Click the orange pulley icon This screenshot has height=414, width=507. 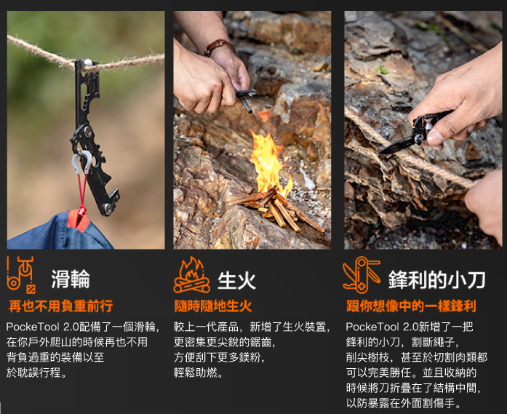coord(20,275)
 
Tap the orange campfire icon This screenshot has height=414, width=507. coord(191,275)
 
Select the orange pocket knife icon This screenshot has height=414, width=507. coord(362,275)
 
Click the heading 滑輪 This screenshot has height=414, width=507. coord(71,279)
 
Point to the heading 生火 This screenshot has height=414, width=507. coord(236,280)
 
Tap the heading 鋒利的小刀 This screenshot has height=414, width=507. coord(437,280)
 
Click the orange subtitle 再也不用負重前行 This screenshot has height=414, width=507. coord(61,306)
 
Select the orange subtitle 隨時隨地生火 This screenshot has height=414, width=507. coord(212,306)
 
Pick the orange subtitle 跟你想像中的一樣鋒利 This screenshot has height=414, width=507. coord(411,306)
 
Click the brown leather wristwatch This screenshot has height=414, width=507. coord(218,47)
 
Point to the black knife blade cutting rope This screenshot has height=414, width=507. coord(397,145)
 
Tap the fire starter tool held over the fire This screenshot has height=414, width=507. coord(246,100)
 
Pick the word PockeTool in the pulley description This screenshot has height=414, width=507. coord(32,327)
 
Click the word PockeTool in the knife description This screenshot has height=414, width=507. coord(372,327)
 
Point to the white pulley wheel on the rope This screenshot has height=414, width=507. coord(87,63)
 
